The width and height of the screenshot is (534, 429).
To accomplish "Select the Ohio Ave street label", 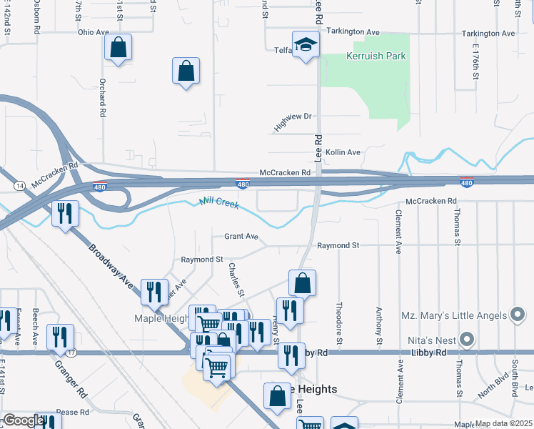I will coord(93,32).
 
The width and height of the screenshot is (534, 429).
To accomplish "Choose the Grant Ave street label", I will coord(241,236).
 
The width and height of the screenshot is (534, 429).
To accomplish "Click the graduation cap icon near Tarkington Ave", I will coord(306,44).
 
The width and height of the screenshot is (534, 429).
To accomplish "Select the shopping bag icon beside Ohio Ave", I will coord(118,49).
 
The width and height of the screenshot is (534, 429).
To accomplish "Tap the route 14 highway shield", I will coord(17,185).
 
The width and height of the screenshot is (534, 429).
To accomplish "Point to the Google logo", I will coord(23,420).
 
